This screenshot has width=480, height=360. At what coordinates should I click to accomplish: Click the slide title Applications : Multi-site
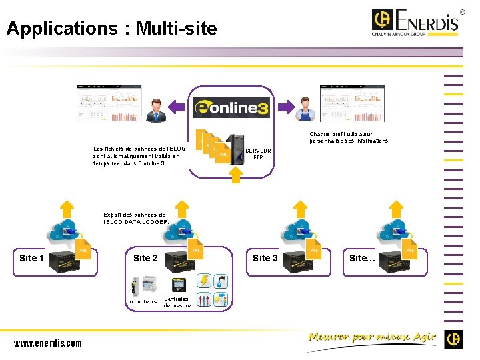(x=111, y=29)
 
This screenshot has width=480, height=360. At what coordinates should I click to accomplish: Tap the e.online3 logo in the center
(x=231, y=107)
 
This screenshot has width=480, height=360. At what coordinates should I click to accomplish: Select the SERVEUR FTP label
(x=258, y=154)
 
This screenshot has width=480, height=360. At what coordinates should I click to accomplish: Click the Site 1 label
(x=32, y=258)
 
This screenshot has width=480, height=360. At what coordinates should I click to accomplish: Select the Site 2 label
(x=145, y=258)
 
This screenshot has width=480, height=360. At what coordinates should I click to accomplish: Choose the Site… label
(x=362, y=258)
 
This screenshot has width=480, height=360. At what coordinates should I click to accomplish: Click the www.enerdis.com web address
(x=48, y=343)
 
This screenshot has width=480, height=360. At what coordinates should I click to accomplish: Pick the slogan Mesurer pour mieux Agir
(x=372, y=337)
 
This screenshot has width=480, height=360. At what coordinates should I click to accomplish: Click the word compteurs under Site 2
(x=143, y=301)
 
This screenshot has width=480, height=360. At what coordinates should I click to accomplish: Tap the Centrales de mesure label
(x=177, y=302)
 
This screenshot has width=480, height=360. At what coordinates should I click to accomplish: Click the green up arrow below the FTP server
(x=235, y=174)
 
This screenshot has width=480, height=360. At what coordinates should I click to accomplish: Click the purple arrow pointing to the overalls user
(x=284, y=106)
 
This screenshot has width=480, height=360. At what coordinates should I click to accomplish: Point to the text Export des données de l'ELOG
(x=137, y=218)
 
